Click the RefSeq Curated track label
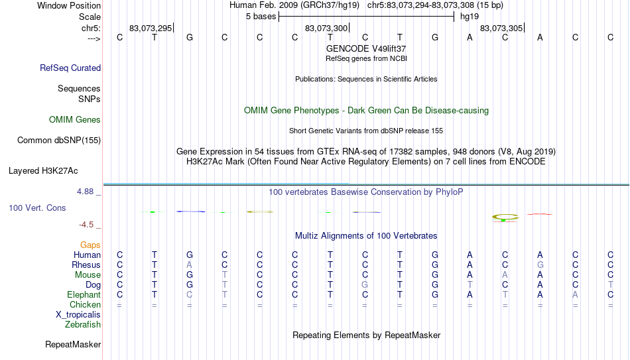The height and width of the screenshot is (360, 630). point(70,68)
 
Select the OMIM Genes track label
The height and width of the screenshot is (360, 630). point(75,120)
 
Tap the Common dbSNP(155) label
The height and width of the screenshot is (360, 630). point(59,141)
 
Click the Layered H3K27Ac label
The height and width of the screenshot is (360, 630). point(43,171)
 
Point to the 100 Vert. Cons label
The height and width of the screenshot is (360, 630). point(37,208)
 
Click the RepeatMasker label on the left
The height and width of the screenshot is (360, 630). point(73,344)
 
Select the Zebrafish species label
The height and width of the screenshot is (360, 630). point(83,324)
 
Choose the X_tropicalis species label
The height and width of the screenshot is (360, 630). point(78,315)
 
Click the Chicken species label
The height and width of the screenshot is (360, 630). point(85,304)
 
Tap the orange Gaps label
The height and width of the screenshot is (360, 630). point(90,245)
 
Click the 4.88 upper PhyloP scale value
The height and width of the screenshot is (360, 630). point(85,192)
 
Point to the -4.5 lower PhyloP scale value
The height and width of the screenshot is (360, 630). point(86,225)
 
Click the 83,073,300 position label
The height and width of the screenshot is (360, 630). point(326,28)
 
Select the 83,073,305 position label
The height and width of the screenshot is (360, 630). point(501,28)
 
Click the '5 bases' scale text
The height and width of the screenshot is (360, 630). point(261,17)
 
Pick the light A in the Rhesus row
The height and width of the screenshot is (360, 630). point(189,265)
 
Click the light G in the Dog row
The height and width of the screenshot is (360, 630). point(365,285)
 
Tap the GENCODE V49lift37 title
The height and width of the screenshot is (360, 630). point(366,48)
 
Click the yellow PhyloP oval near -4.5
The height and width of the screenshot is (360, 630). point(505,217)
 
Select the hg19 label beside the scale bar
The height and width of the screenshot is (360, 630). point(470,17)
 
